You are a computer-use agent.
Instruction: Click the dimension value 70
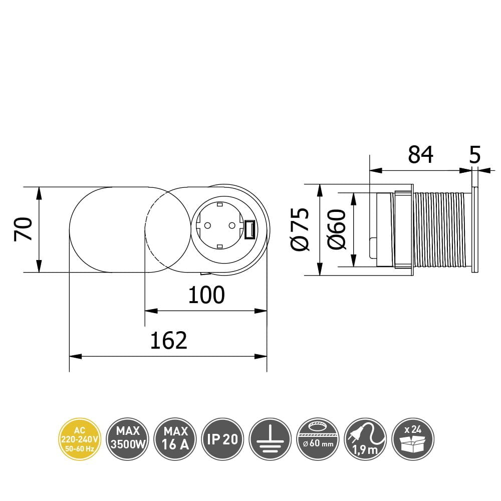pos(24,229)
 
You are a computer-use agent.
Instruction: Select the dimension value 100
pos(206,295)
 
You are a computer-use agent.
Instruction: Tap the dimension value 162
pos(168,341)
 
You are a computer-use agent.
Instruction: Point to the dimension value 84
pos(420,155)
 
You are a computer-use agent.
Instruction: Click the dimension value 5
pos(475,155)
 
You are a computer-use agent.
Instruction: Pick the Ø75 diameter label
pos(300,229)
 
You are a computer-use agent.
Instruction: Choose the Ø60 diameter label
pos(337,229)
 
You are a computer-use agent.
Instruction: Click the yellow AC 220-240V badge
pos(80,439)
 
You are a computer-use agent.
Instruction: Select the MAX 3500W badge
pos(127,439)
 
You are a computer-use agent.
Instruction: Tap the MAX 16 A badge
pos(175,439)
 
